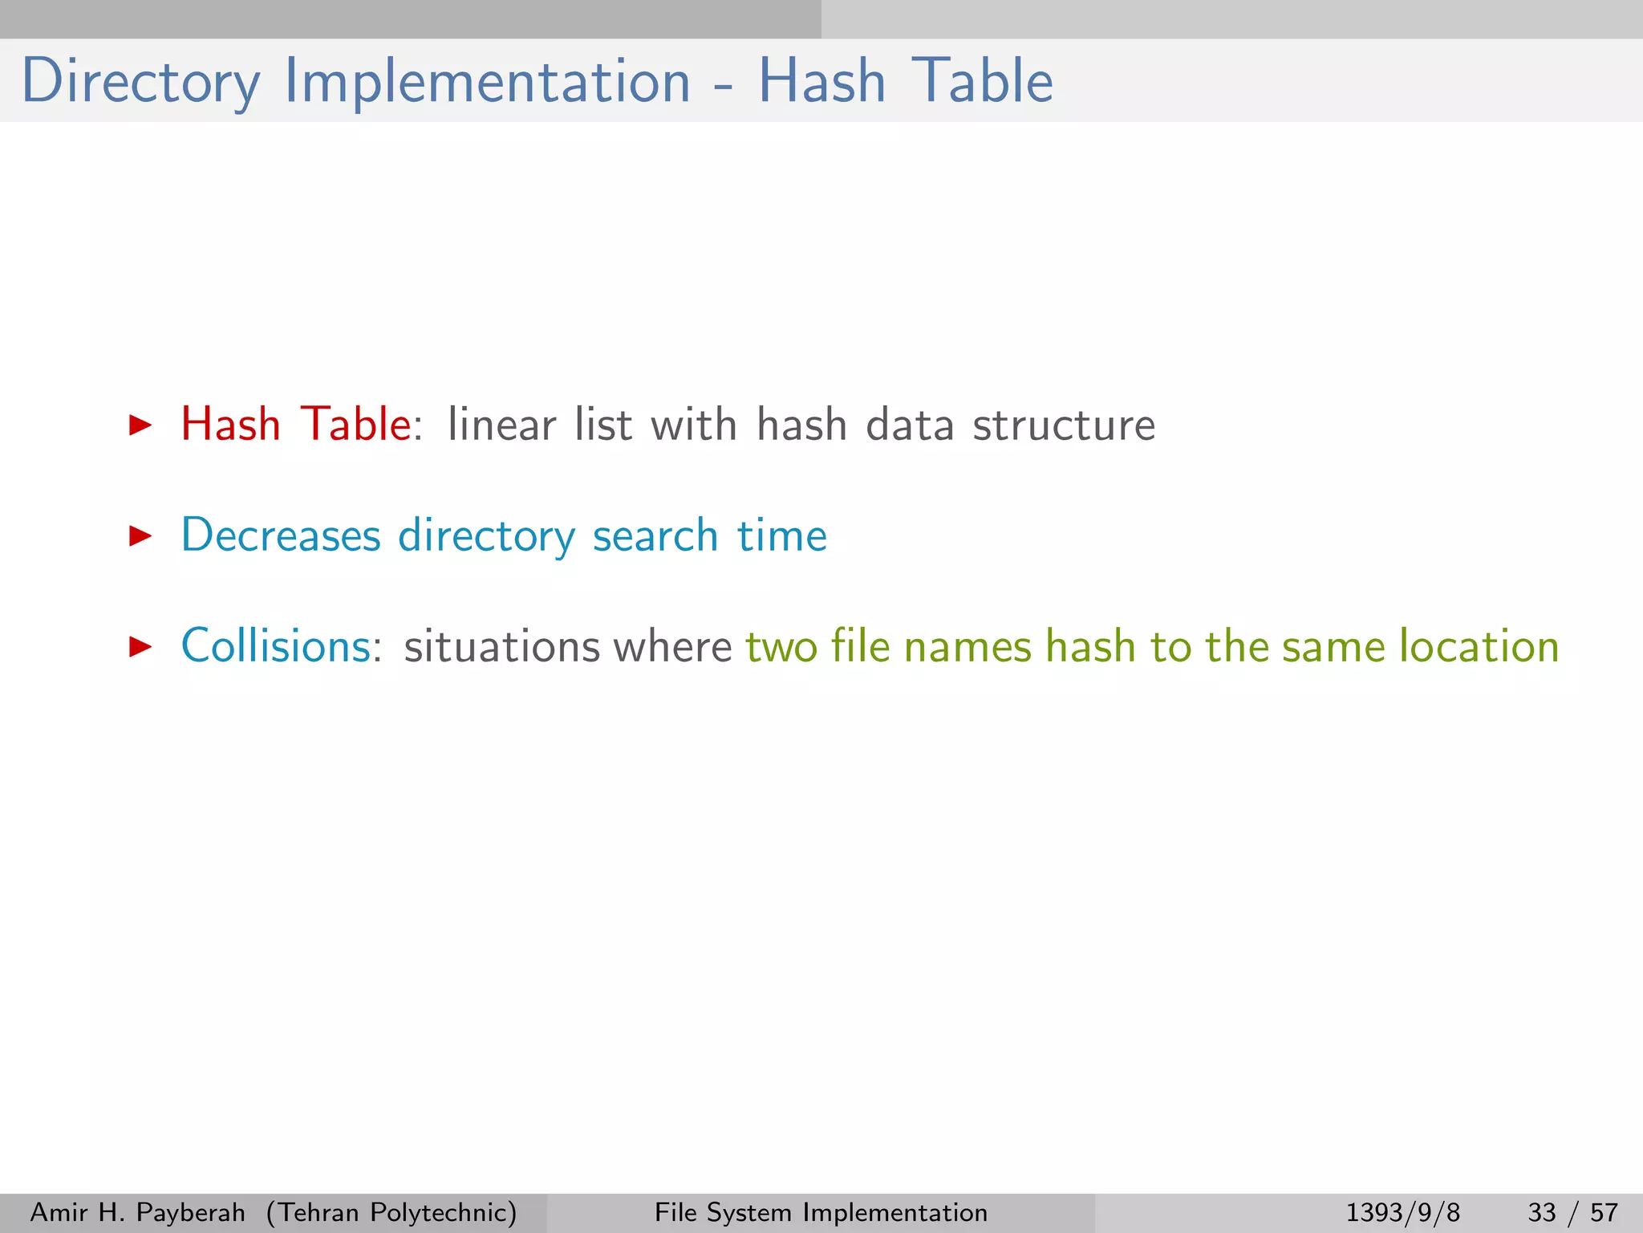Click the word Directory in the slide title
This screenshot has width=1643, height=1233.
point(141,82)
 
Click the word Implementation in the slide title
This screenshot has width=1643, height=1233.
point(487,82)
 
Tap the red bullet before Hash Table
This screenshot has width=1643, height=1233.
point(140,425)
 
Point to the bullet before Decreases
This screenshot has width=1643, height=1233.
point(140,536)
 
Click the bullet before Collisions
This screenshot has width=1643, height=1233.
point(140,646)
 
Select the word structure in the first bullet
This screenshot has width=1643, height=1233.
point(1064,425)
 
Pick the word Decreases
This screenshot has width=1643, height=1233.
point(281,535)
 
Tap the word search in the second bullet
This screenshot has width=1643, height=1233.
point(655,535)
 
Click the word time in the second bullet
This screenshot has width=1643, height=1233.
point(782,535)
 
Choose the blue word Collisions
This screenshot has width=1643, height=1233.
point(277,646)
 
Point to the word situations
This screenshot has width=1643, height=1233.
point(501,647)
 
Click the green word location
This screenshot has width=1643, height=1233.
point(1479,646)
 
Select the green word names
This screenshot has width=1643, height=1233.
point(968,647)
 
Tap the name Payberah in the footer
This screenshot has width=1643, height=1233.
point(191,1212)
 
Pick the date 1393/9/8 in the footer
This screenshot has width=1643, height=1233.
point(1402,1212)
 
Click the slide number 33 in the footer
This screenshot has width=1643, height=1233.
point(1542,1212)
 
